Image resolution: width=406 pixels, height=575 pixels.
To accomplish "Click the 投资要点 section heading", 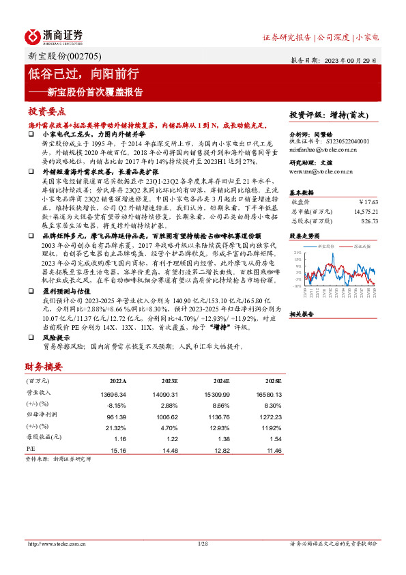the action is (46, 111).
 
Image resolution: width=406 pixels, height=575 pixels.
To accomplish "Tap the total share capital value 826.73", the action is (368, 221).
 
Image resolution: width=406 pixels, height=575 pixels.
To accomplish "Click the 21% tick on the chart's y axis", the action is (298, 253).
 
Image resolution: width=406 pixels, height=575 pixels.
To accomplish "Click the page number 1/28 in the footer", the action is (202, 544).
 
